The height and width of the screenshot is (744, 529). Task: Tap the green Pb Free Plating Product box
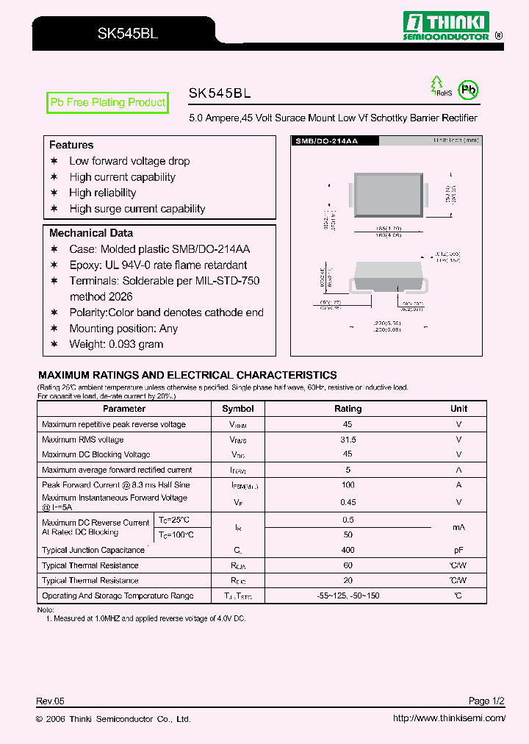107,103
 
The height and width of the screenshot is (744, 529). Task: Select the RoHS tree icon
438,86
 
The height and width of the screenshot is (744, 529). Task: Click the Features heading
71,145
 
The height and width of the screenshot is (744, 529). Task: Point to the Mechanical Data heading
91,233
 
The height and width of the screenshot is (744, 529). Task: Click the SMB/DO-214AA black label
326,140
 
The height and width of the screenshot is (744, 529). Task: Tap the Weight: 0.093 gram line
116,344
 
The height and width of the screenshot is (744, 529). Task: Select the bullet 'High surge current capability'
137,209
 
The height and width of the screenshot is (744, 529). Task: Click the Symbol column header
238,409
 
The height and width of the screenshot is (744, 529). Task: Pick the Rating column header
348,409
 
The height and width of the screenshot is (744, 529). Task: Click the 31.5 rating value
348,440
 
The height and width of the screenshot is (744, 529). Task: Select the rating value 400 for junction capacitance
348,550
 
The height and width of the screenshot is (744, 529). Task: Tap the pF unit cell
458,550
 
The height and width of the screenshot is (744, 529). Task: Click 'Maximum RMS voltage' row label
82,440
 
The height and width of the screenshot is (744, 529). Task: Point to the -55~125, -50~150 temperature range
348,595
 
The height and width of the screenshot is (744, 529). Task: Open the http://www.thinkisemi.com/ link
449,719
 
